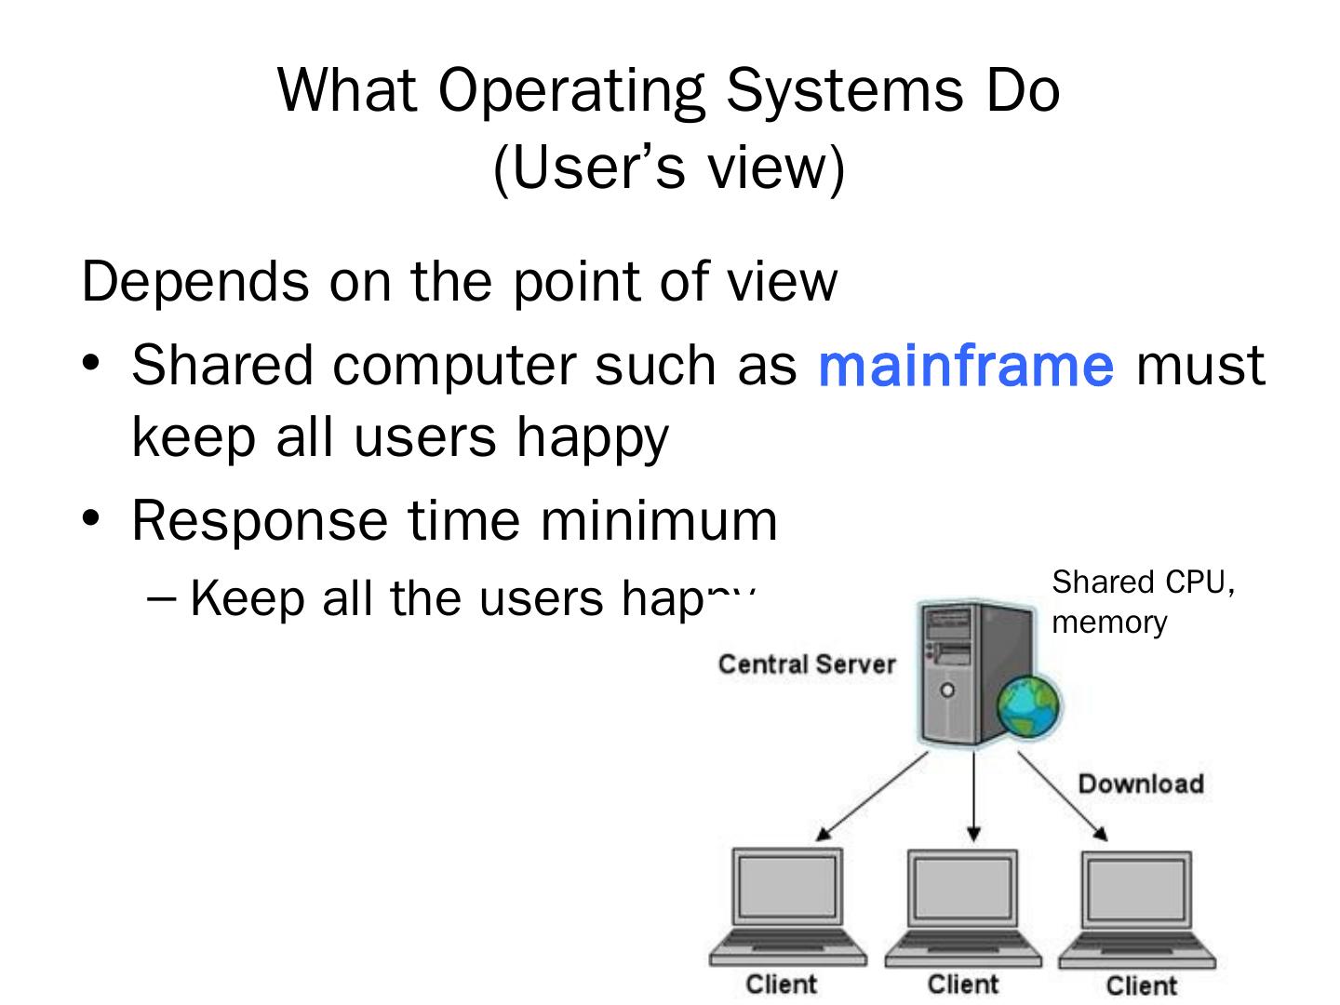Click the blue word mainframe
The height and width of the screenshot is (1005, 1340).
[965, 365]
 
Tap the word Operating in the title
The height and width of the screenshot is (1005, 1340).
[570, 91]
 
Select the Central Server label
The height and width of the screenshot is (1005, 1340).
[806, 664]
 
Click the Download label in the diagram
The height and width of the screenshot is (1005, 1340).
[1140, 784]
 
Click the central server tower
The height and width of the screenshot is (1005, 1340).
[963, 670]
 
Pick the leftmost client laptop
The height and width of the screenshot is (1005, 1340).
[787, 907]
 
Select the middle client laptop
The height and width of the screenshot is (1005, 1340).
[962, 907]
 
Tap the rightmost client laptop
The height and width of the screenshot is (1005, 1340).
[1137, 907]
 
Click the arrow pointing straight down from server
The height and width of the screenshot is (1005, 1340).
[973, 796]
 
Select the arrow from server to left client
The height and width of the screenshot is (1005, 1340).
[872, 797]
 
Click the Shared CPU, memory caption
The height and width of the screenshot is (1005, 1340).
[1143, 601]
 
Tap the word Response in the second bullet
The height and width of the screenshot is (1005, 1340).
[258, 520]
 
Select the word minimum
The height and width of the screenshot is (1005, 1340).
[659, 520]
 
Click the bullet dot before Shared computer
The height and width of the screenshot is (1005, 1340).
[90, 363]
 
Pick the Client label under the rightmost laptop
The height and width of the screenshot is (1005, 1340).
[1141, 985]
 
